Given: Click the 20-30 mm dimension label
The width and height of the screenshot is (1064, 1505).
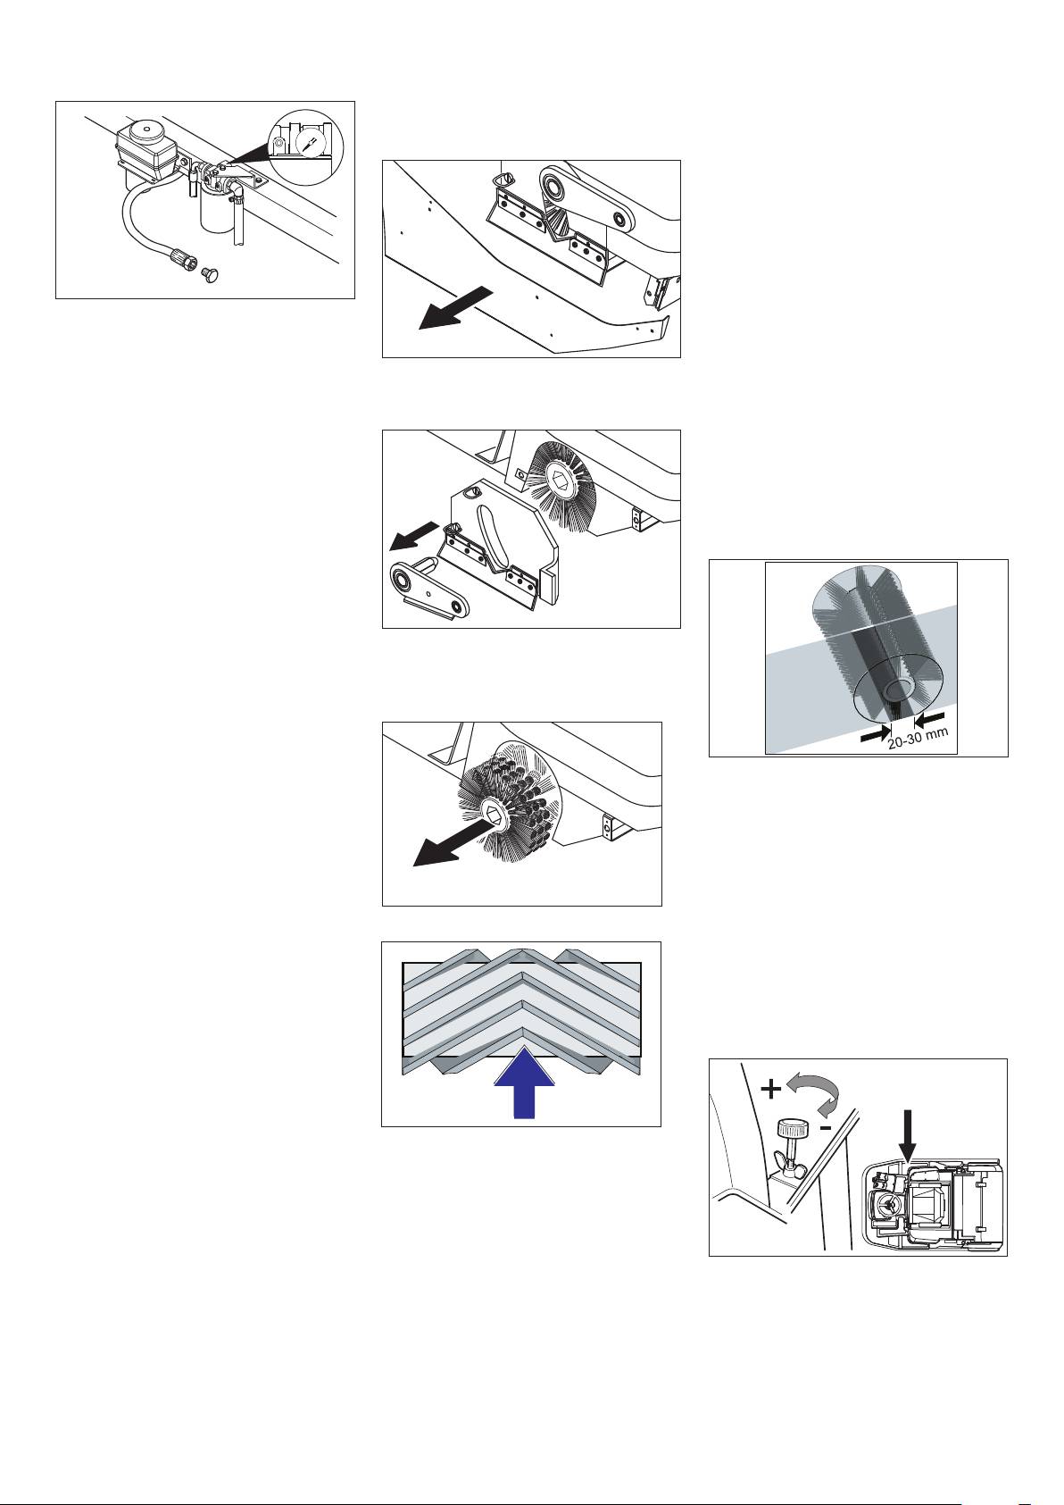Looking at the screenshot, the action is pyautogui.click(x=917, y=739).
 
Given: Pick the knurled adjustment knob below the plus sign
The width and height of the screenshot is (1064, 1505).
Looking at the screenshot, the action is pyautogui.click(x=792, y=1129).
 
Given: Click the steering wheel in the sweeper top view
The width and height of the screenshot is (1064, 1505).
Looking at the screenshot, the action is pyautogui.click(x=889, y=1206).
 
